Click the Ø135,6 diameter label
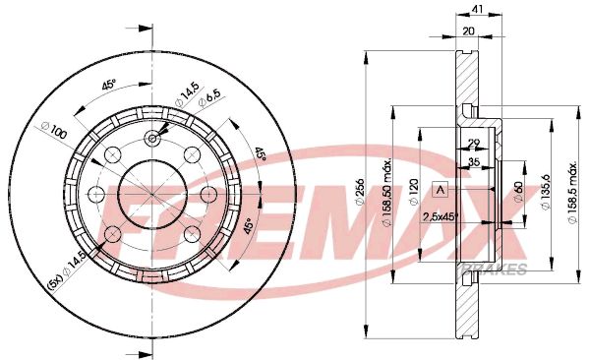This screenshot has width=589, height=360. click(547, 188)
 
